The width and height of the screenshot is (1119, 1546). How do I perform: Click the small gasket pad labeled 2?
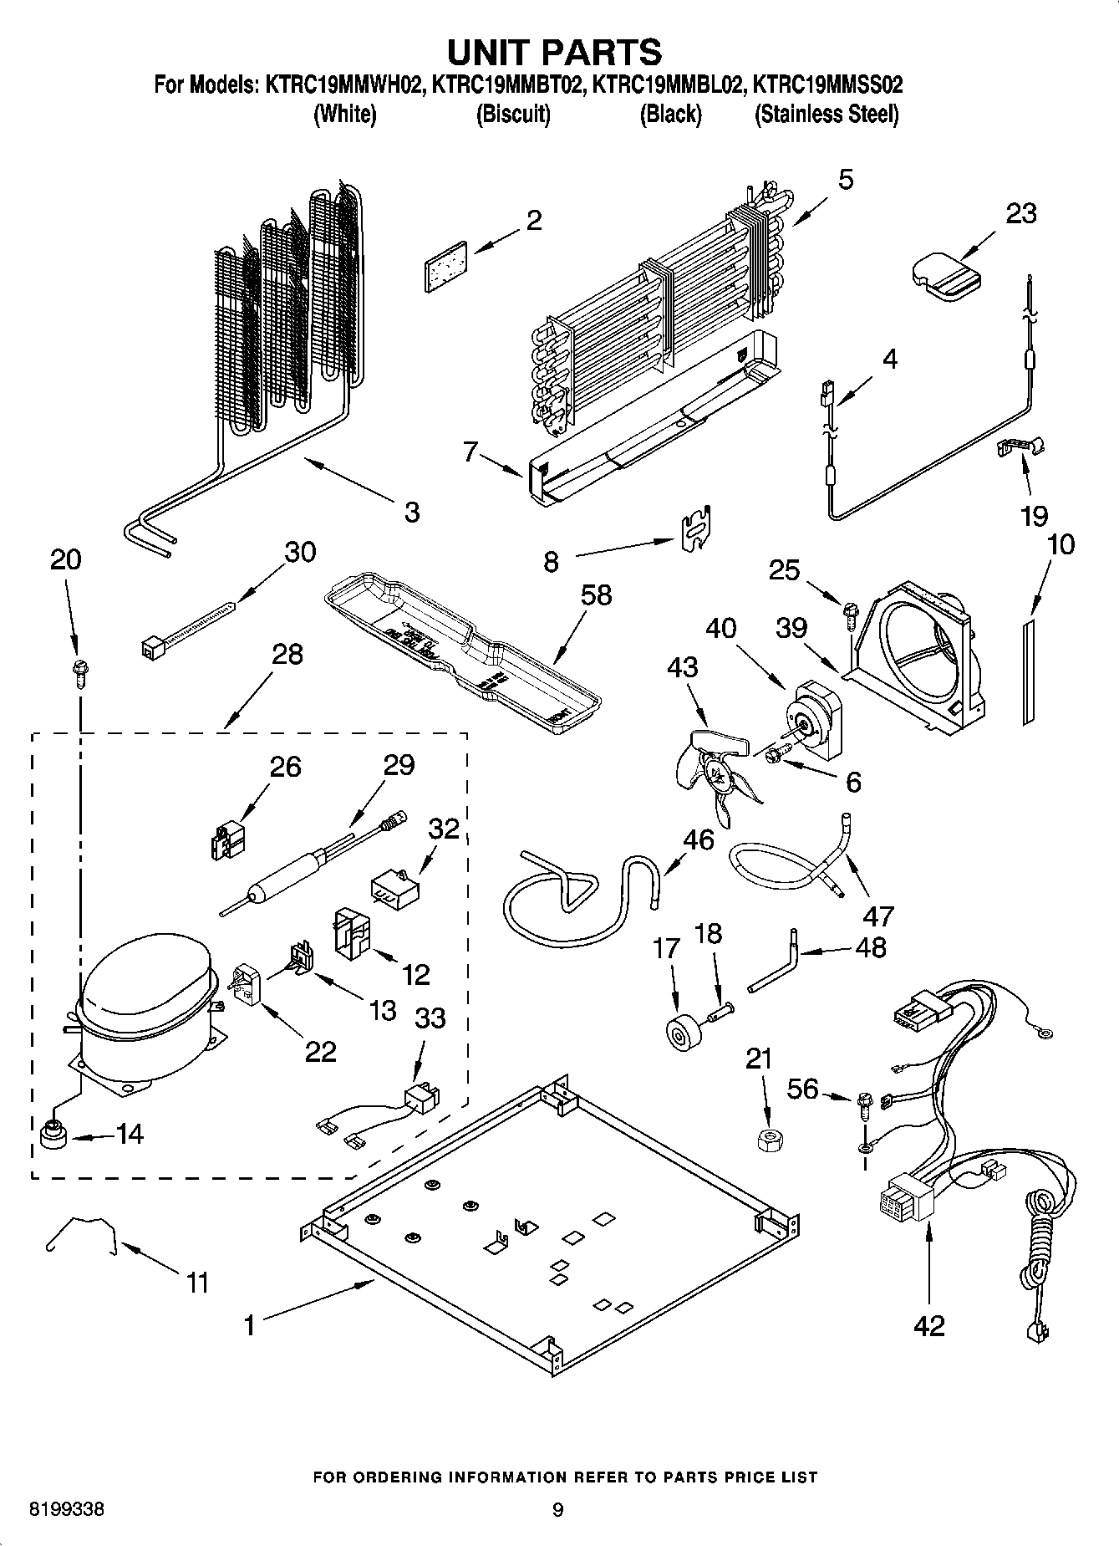click(x=445, y=268)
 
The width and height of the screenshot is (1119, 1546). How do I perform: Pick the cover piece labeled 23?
click(x=945, y=275)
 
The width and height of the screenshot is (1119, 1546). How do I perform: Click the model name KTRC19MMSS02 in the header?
click(x=827, y=84)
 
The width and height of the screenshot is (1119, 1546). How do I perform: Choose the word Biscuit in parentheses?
click(x=513, y=115)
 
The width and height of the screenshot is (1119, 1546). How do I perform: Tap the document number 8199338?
click(x=67, y=1510)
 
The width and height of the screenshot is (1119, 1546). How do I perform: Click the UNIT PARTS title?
click(x=554, y=52)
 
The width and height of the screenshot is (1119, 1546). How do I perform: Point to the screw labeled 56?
click(x=864, y=1105)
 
